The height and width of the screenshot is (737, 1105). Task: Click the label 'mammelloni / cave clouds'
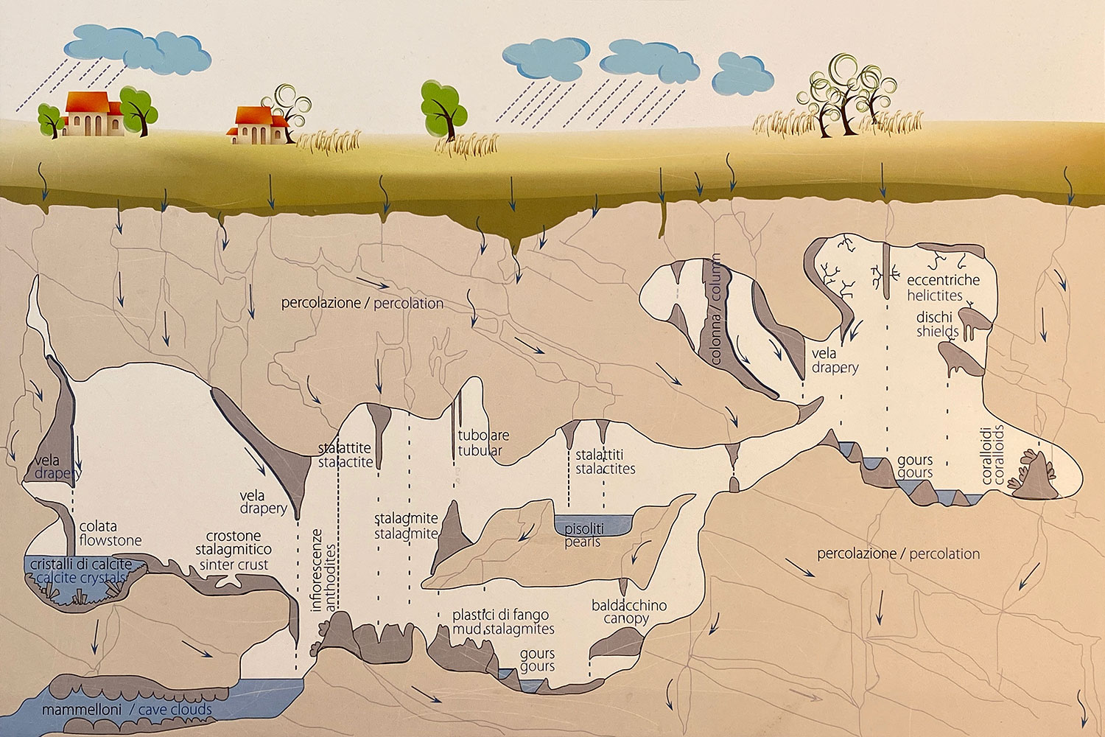coord(127,710)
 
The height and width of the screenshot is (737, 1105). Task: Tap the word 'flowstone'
coord(110,541)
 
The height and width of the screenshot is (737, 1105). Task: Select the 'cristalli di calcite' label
coord(81,565)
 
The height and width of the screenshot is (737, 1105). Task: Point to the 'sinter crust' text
coord(234,565)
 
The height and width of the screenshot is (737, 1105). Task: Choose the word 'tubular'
coord(480,450)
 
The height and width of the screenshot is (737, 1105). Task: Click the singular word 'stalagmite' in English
coord(406,534)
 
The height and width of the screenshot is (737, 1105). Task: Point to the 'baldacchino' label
coord(629,605)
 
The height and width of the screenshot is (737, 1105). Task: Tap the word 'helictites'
coord(935,296)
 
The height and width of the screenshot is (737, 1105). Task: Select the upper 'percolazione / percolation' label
coord(362,303)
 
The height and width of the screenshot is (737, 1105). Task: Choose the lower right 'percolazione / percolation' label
coord(899,553)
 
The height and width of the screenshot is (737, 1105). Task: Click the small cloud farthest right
coord(745,72)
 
